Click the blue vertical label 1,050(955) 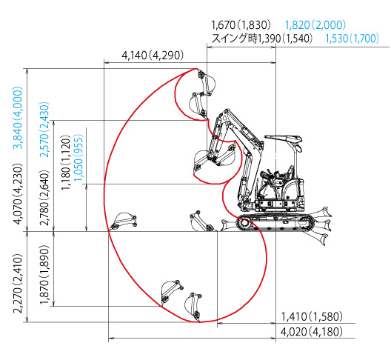78,159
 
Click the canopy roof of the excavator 284,138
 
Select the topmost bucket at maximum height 206,83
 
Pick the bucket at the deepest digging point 193,307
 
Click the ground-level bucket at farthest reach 123,221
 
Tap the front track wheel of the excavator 244,223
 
